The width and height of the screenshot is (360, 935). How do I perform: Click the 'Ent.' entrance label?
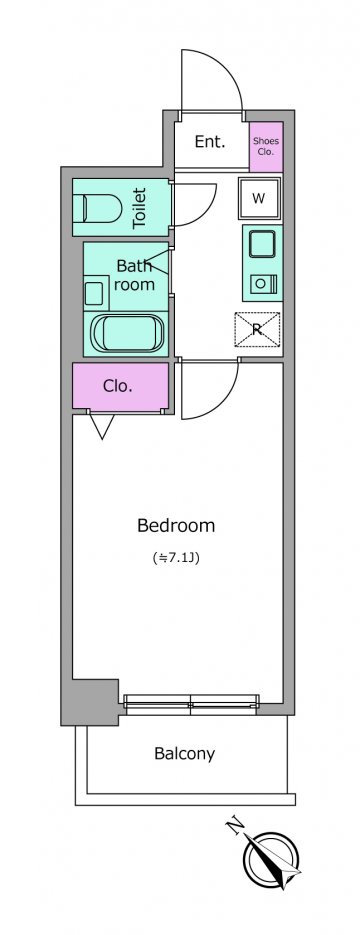click(x=210, y=142)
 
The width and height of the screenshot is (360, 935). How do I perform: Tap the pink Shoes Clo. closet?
click(x=266, y=147)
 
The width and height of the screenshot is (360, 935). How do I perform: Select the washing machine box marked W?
click(x=259, y=199)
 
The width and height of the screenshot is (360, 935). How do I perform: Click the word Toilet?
click(x=139, y=208)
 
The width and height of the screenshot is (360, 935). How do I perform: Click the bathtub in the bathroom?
click(x=127, y=333)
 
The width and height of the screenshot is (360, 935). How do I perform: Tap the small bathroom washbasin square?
click(x=95, y=293)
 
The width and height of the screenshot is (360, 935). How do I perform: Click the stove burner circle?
click(x=260, y=284)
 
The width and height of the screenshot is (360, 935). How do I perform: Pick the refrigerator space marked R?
click(x=257, y=330)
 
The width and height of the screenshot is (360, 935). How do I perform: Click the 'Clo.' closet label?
click(x=117, y=386)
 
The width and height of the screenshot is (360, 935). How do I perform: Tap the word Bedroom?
click(x=176, y=526)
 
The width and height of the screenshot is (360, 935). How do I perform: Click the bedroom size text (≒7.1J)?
click(x=176, y=559)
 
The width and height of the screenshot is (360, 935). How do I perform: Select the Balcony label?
click(x=184, y=754)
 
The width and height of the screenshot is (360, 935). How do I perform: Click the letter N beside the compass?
click(x=236, y=826)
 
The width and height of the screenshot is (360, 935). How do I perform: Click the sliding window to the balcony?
click(x=191, y=705)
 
